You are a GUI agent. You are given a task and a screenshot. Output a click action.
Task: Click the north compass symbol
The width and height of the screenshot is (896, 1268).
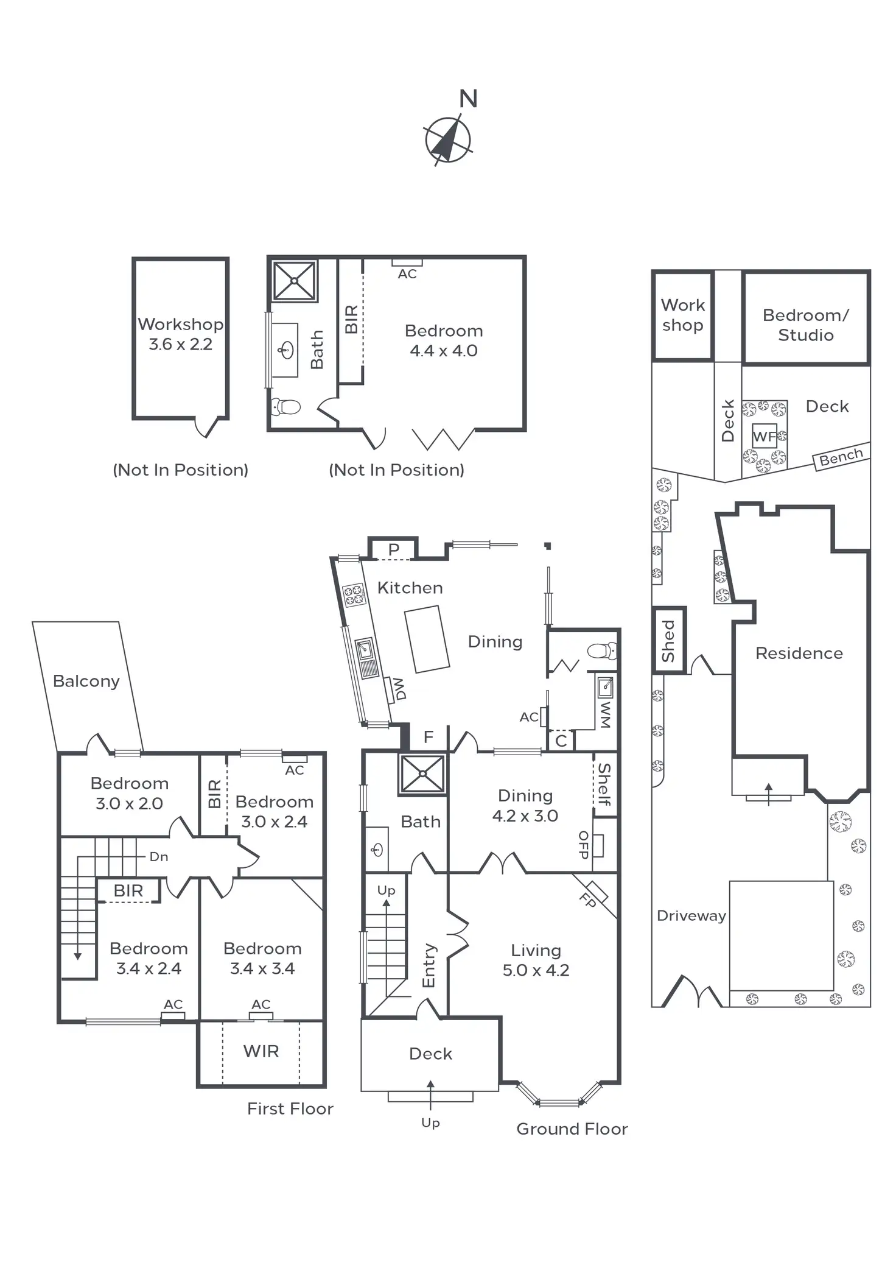point(448,140)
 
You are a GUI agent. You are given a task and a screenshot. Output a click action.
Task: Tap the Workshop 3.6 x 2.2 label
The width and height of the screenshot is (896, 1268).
point(180,334)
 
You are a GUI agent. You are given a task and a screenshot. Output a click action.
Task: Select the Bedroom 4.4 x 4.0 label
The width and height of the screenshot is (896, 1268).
point(444,340)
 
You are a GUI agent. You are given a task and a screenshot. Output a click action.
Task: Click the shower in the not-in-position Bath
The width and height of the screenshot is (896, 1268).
point(294,281)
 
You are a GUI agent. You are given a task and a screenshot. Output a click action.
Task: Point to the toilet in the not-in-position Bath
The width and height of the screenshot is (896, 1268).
point(286,406)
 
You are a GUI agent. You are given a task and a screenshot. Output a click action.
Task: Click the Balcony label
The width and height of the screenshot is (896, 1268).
point(86,681)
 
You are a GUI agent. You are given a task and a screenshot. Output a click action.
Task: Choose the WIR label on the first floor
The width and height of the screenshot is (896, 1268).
point(261,1051)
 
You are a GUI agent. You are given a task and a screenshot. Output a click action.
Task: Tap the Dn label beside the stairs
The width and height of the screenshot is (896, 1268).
point(158,856)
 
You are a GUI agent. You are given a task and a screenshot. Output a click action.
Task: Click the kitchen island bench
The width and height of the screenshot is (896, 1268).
point(427,639)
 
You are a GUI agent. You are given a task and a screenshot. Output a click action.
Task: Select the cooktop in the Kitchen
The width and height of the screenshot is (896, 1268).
point(354,594)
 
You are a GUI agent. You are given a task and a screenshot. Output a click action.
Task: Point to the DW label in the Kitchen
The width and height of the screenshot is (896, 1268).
point(399,689)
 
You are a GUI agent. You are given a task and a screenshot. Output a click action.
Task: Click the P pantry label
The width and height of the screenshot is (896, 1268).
point(394,549)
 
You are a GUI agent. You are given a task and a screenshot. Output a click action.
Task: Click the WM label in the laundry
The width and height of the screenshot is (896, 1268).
point(605,714)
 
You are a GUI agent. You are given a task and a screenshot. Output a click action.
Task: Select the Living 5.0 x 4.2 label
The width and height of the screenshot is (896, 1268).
point(536,960)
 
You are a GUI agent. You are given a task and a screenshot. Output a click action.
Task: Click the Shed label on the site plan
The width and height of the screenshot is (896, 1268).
point(668,641)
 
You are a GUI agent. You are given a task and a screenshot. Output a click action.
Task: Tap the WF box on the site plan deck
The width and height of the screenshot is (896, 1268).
point(765,436)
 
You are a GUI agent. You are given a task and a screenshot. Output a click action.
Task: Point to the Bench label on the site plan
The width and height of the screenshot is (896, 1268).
point(841,457)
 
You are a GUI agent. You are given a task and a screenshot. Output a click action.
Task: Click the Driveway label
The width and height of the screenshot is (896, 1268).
point(691,915)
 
